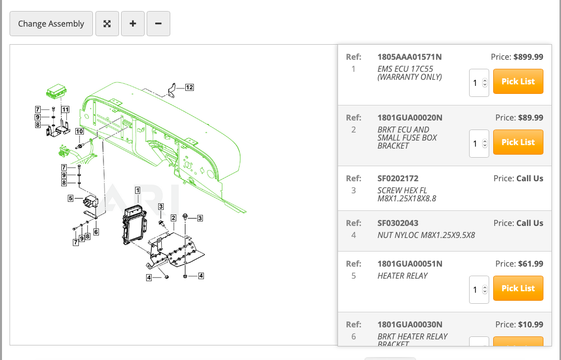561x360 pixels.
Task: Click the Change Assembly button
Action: point(51,24)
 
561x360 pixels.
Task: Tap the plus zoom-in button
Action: point(133,24)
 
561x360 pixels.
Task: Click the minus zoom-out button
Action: point(158,24)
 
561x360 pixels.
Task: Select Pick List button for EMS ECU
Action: point(518,81)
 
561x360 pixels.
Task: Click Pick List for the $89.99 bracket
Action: point(518,142)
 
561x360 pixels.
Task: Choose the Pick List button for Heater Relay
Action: point(518,288)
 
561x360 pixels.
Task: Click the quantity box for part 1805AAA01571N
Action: point(478,83)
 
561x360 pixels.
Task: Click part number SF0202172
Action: point(398,178)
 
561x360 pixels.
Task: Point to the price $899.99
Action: point(528,57)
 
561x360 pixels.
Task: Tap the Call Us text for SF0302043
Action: point(529,223)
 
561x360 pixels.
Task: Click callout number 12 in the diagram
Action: point(189,87)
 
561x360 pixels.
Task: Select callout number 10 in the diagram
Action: point(79,132)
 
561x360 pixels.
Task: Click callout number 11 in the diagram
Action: point(65,109)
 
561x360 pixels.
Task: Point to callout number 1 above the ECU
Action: point(137,190)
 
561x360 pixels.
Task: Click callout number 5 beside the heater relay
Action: point(71,198)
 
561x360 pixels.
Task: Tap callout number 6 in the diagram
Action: point(95,232)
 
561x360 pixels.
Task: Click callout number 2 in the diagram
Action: point(173,218)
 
